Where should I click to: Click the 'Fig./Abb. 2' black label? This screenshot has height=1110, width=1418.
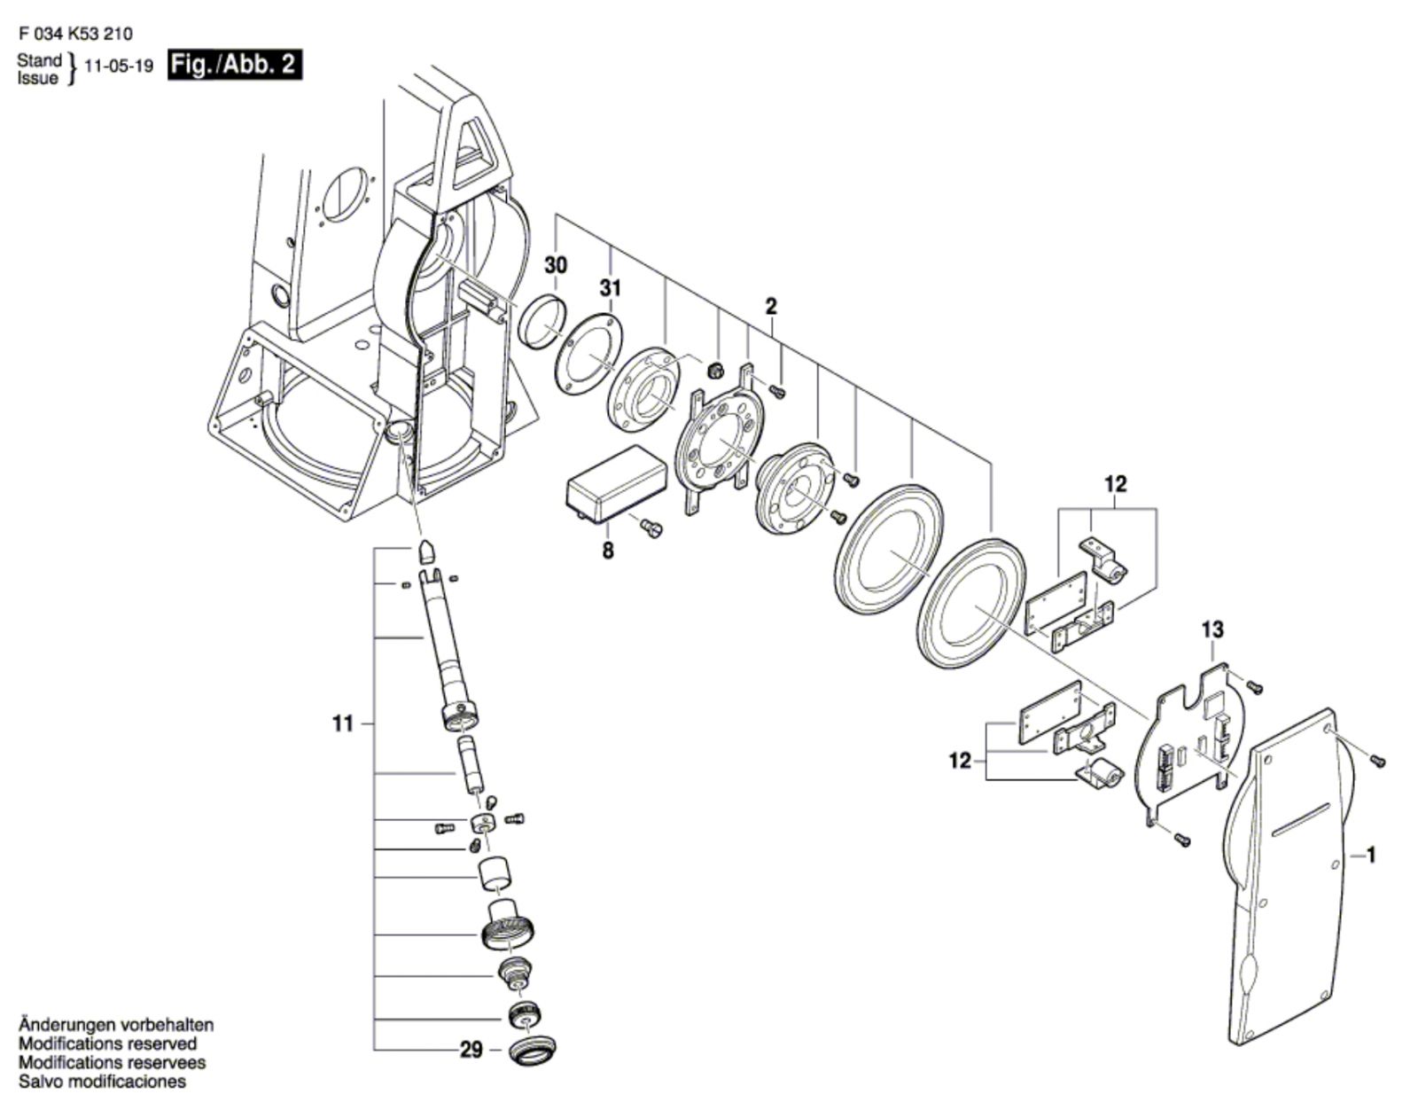(235, 66)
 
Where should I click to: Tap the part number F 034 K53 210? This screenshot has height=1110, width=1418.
(75, 34)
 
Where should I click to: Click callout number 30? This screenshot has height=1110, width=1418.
(556, 266)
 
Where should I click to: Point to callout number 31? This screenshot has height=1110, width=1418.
(611, 288)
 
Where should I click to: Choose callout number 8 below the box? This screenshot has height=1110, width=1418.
(608, 551)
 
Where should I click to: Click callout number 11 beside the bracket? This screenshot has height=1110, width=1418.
(343, 724)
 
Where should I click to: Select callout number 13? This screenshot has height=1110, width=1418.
(1212, 630)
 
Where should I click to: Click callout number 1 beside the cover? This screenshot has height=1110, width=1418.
(1371, 855)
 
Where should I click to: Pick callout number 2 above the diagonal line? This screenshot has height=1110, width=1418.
(771, 306)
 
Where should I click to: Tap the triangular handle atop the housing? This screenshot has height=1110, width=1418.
(477, 147)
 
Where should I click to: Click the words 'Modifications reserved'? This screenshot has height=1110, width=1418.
(107, 1044)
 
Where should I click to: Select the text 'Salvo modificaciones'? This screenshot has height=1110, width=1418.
(103, 1082)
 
